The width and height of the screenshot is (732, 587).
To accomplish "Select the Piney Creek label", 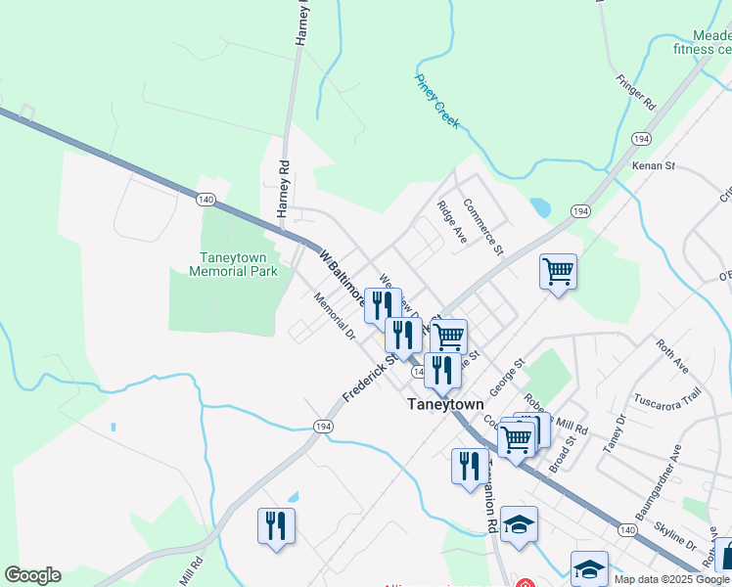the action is coord(436,101).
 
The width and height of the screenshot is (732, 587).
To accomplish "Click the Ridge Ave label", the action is coord(451,222).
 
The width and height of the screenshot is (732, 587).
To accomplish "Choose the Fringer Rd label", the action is coord(635,90).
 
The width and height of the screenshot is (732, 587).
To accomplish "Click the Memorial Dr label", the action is coord(336,316).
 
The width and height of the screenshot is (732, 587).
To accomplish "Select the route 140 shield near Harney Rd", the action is coord(206,200).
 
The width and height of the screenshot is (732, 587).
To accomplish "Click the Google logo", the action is coord(32,575).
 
